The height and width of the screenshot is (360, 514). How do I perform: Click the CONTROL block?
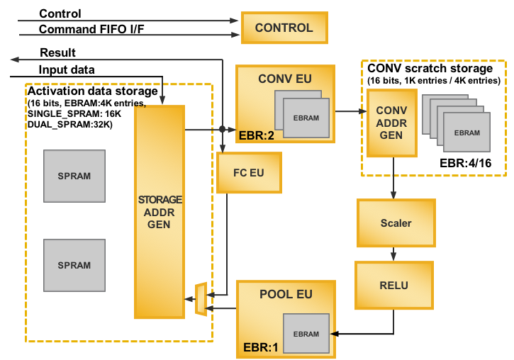tap(284, 28)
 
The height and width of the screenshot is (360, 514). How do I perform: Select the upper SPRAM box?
tap(74, 176)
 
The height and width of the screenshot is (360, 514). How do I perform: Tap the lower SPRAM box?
tap(74, 265)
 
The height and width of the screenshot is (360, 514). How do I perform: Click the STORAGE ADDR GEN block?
tap(160, 212)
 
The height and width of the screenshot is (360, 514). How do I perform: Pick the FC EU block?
tap(249, 173)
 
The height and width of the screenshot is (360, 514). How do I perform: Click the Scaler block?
tap(396, 223)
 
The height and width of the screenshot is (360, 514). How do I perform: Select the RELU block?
tap(393, 286)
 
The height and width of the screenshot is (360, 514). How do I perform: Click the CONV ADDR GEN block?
tap(391, 123)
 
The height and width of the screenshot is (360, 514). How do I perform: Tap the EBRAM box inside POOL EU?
tap(306, 333)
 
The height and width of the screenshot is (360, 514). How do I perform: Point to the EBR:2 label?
tap(257, 135)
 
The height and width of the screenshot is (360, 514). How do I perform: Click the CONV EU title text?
tap(285, 79)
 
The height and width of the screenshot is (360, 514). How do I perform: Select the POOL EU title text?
tap(286, 295)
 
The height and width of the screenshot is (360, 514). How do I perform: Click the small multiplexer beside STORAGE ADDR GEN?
tap(201, 299)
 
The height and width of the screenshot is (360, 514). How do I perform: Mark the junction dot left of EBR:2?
tap(222, 129)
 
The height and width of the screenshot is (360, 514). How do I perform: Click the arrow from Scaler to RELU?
tap(393, 254)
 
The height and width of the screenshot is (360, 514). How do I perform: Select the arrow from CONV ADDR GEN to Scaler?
tap(393, 178)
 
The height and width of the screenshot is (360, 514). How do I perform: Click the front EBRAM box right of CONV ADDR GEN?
tap(466, 133)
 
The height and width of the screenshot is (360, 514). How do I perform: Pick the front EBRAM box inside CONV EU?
tap(306, 118)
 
